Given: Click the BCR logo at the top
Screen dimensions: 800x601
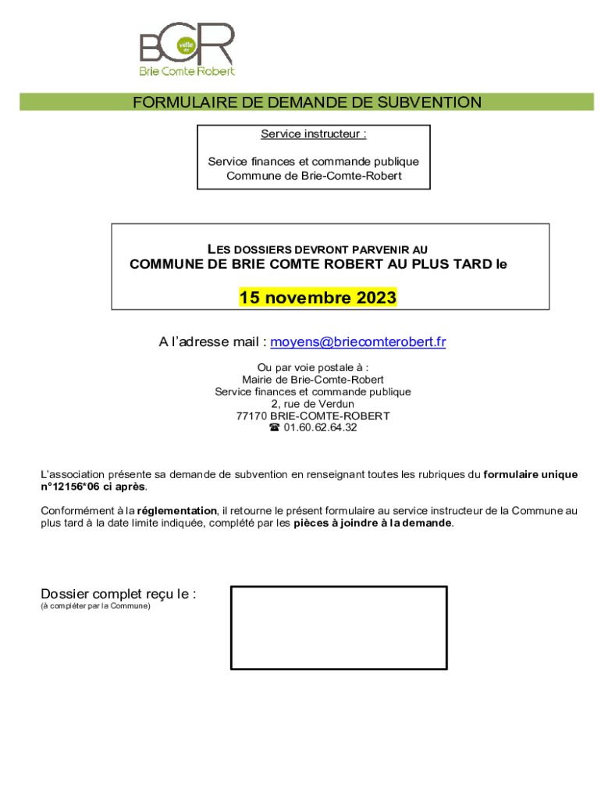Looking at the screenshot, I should coord(187,48).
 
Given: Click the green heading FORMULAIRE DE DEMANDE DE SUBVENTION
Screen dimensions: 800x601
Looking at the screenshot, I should coord(307,102).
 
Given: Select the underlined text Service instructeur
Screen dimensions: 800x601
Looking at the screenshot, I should coord(313,134).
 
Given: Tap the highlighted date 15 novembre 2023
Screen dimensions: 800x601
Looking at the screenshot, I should coord(318,298).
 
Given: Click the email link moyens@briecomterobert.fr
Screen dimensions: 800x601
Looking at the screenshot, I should coord(358,341).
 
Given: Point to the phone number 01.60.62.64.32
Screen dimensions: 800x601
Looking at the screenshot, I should coord(320,427).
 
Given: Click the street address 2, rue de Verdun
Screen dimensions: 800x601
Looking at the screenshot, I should coord(313,403).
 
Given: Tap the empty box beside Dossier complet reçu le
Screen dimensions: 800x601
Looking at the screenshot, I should coord(339,627).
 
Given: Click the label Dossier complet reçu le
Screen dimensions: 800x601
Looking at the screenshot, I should coord(118,594).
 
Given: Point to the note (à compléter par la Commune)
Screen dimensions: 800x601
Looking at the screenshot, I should coord(95,606).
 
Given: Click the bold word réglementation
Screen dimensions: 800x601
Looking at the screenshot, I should coord(177,511).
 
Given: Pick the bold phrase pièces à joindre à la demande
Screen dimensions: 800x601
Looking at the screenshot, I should coord(372,523).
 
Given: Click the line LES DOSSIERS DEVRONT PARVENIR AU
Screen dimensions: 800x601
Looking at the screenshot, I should coord(317,249).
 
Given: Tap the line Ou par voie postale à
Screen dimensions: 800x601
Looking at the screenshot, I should coord(313,367).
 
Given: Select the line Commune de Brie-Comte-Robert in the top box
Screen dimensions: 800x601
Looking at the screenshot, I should coord(314,176).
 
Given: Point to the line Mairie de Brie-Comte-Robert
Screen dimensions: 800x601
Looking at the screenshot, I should coord(313,380).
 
